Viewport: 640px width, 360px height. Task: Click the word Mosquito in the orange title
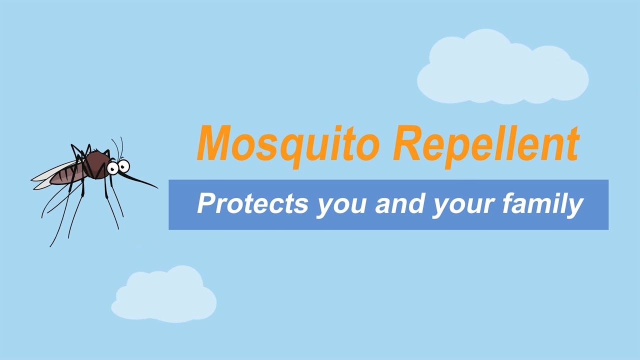pos(287,143)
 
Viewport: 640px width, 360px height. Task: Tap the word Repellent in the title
pos(485,143)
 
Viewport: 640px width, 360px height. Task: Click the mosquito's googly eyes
pos(118,166)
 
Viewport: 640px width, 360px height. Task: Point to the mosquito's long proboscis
pos(142,180)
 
